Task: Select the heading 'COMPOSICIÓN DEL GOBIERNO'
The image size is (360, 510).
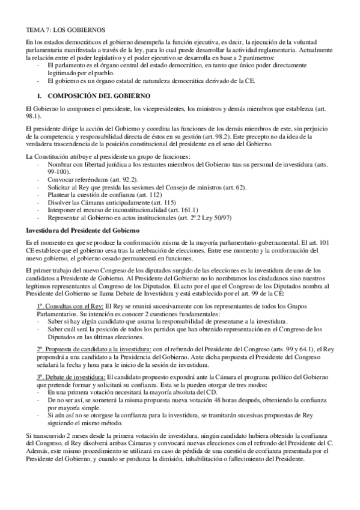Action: [99, 96]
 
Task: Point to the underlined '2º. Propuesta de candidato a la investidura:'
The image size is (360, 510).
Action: [93, 349]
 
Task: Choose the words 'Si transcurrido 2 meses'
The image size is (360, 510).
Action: [57, 435]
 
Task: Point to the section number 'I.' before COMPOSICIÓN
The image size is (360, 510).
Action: [40, 96]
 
